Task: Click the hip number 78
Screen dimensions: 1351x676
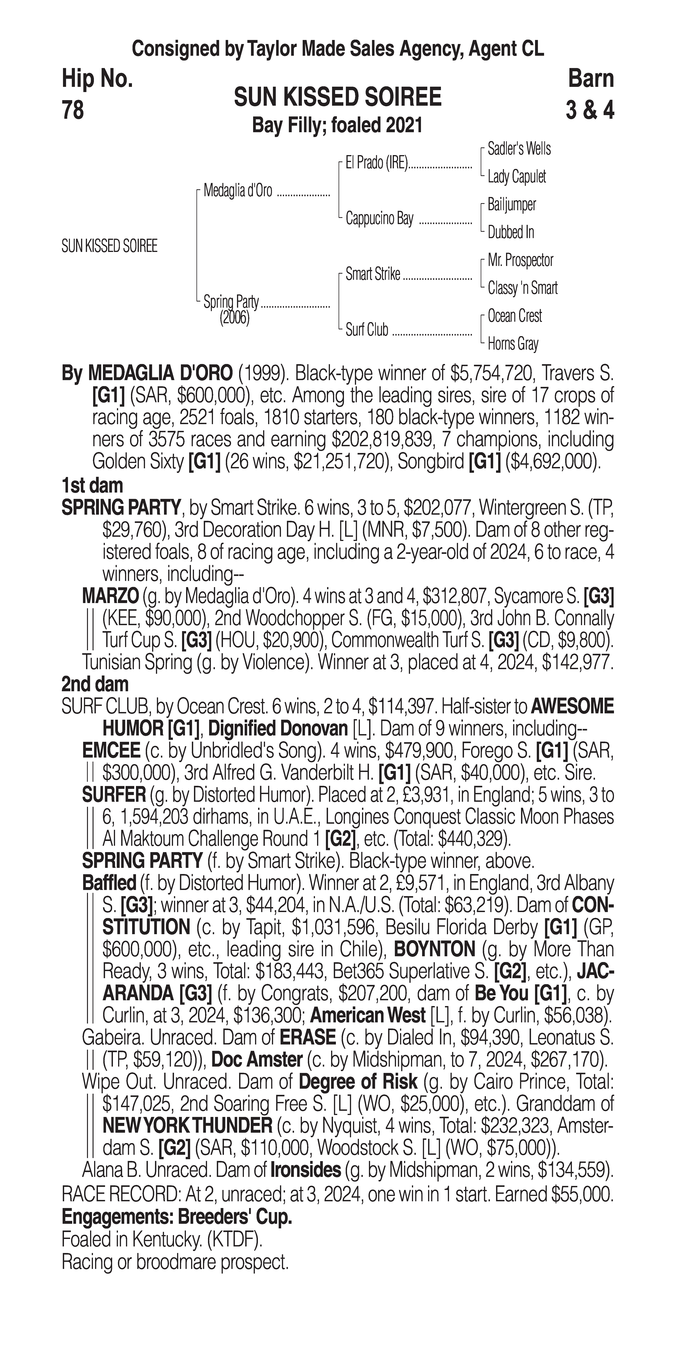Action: tap(73, 111)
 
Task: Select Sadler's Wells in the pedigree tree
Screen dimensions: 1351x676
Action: tap(519, 149)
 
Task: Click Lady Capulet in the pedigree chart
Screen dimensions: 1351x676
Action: tap(517, 177)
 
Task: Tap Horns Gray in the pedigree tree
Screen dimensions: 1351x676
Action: tap(513, 344)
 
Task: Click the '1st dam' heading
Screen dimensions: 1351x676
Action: tap(92, 486)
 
